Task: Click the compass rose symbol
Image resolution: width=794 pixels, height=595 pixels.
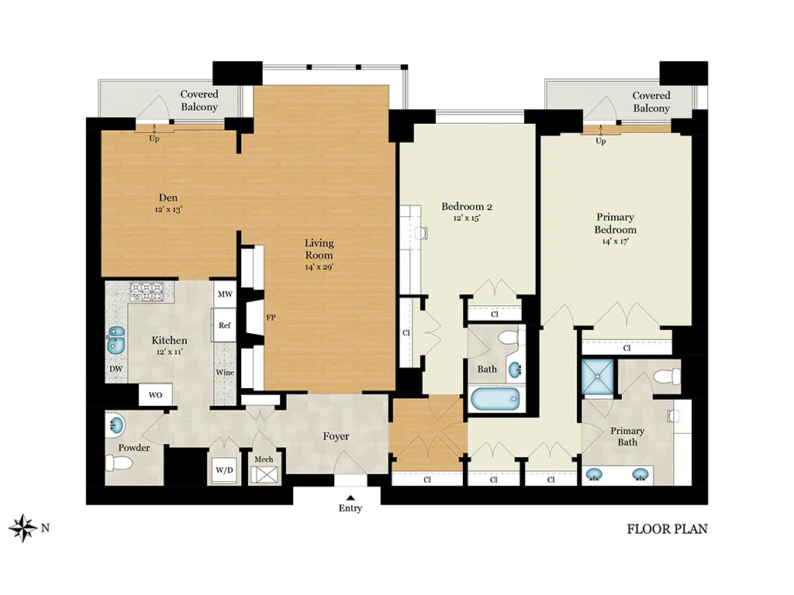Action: pyautogui.click(x=22, y=528)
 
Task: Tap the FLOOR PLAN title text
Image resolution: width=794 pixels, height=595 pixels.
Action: pyautogui.click(x=667, y=529)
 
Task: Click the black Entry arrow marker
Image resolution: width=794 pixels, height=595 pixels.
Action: pyautogui.click(x=350, y=498)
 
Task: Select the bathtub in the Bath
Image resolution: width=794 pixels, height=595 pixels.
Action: pyautogui.click(x=495, y=399)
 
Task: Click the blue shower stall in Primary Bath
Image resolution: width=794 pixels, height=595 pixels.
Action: pyautogui.click(x=597, y=377)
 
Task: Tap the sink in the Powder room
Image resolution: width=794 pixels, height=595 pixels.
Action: pyautogui.click(x=115, y=425)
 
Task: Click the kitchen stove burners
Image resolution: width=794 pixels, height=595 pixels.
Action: pyautogui.click(x=147, y=292)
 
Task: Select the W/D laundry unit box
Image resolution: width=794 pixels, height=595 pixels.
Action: pyautogui.click(x=224, y=470)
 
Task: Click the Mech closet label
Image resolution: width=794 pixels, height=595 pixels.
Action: pyautogui.click(x=264, y=459)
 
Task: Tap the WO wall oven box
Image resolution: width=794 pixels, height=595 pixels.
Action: pyautogui.click(x=155, y=394)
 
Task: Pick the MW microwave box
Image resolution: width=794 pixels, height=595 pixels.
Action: pyautogui.click(x=225, y=294)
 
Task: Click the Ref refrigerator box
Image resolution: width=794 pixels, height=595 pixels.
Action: pyautogui.click(x=224, y=325)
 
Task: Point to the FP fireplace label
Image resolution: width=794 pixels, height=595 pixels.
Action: pyautogui.click(x=271, y=318)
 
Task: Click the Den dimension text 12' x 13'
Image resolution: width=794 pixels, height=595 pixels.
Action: pyautogui.click(x=168, y=209)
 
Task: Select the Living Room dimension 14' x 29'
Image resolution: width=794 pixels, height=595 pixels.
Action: pyautogui.click(x=319, y=267)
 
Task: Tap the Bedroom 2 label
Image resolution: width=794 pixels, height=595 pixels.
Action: pyautogui.click(x=467, y=206)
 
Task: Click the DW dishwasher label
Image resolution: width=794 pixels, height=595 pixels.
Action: pyautogui.click(x=116, y=369)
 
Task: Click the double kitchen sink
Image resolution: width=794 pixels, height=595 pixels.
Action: pyautogui.click(x=116, y=340)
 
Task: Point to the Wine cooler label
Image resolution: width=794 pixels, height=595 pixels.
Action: pyautogui.click(x=225, y=373)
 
